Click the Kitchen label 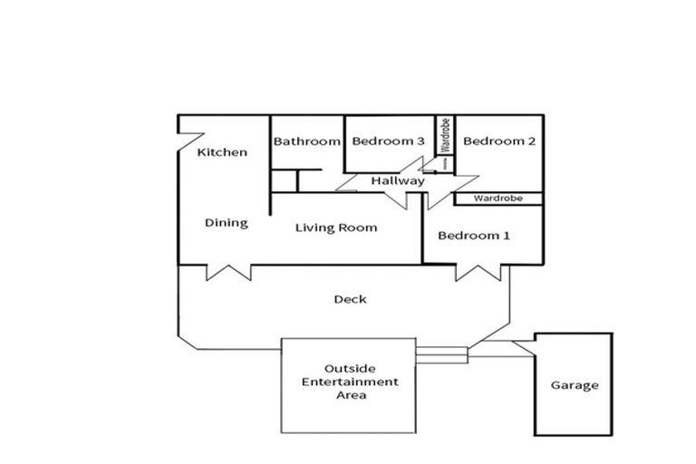222,152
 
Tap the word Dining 227,223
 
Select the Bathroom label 307,141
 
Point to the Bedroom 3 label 389,141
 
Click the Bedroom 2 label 500,141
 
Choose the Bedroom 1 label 474,236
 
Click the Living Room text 336,227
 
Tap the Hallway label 398,181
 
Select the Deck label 350,299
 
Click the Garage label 575,385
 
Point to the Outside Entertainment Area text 349,382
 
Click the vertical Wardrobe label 446,135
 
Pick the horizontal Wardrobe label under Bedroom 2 497,198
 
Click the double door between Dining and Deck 228,271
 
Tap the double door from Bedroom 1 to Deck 480,271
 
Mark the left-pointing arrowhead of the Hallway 348,181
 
